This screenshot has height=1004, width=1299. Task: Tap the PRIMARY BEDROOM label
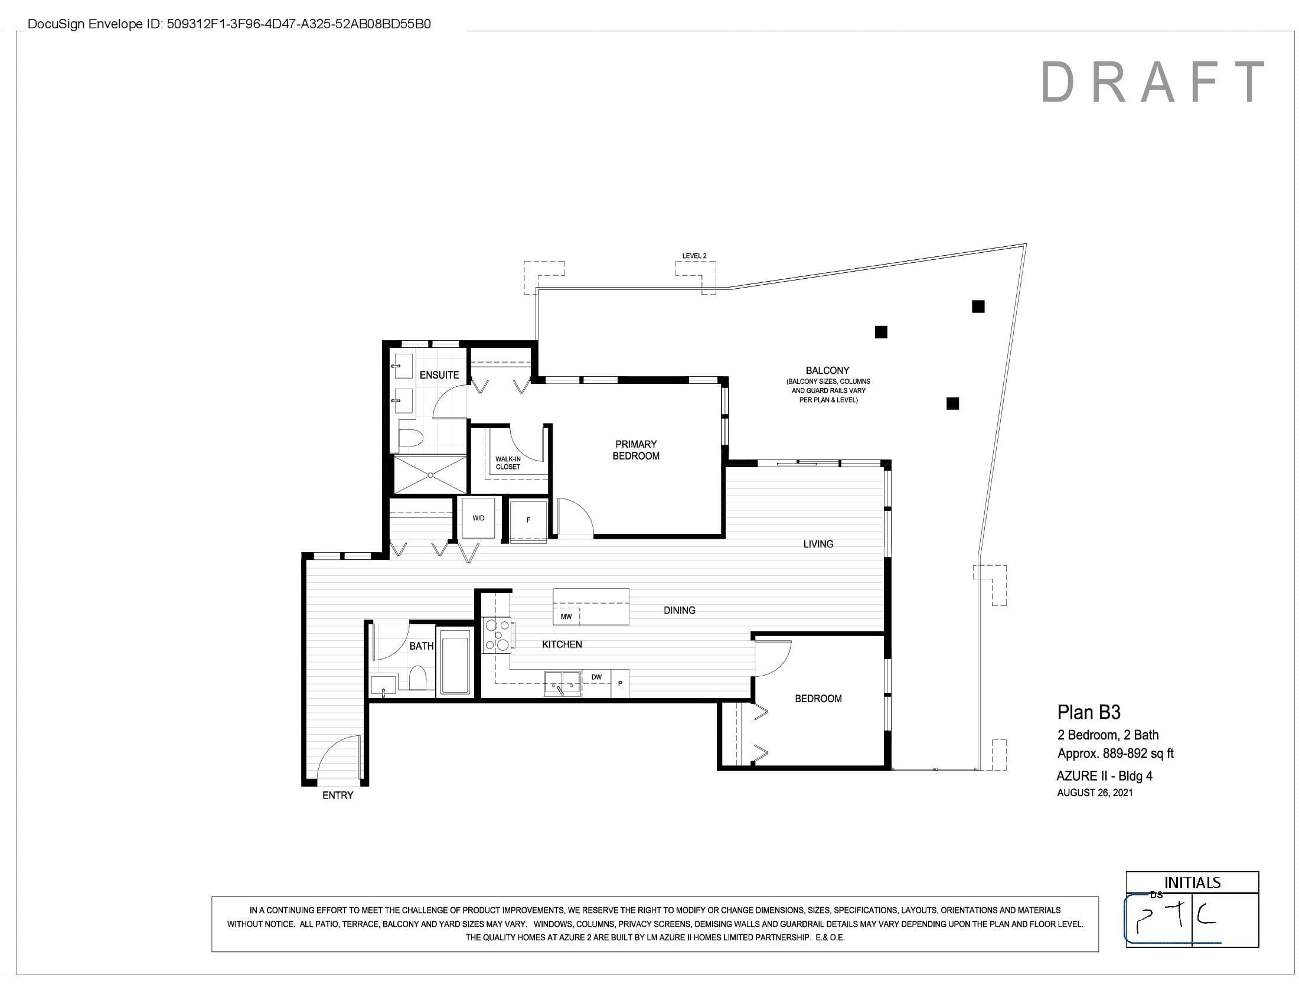click(636, 449)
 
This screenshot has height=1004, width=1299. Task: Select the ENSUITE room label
click(439, 374)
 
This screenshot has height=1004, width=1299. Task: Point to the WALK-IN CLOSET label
click(508, 463)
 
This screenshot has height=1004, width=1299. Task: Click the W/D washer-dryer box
click(478, 518)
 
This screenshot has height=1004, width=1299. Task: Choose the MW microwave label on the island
click(566, 616)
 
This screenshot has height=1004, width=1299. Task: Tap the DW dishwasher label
click(596, 677)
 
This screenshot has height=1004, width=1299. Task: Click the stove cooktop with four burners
click(497, 635)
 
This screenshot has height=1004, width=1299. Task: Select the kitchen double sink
click(563, 683)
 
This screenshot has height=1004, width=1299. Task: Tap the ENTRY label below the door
click(338, 796)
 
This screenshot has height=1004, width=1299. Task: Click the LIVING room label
click(818, 543)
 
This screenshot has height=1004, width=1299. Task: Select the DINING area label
click(679, 610)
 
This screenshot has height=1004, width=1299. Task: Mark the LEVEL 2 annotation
click(694, 256)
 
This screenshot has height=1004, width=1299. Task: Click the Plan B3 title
click(1088, 712)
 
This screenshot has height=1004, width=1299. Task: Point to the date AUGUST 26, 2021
click(1095, 792)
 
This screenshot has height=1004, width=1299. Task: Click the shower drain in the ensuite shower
click(430, 475)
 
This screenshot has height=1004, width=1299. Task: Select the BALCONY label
click(827, 370)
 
